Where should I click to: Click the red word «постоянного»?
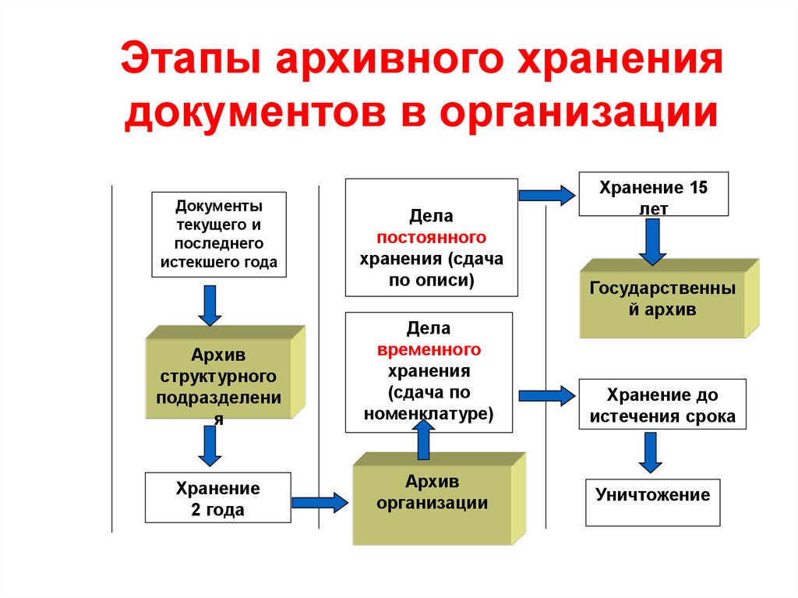coord(431,237)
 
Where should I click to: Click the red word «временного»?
coord(429,350)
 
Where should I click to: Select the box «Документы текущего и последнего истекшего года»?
coord(219,235)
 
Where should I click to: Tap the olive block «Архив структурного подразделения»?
coord(225,373)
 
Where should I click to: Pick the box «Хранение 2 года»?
coord(218,497)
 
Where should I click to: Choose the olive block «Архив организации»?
coord(439,499)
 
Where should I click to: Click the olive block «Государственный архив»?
coord(669,299)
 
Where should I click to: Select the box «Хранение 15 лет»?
coord(654,194)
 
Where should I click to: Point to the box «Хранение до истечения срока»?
coord(662,404)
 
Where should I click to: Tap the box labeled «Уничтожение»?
coord(652,502)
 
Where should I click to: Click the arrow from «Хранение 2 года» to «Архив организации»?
coord(320,503)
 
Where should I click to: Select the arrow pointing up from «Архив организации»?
coord(423,440)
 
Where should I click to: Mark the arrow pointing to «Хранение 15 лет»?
coord(547,195)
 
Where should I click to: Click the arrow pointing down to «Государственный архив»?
coord(652,242)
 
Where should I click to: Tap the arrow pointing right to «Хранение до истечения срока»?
coord(547,396)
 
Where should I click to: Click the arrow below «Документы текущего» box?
coord(210,305)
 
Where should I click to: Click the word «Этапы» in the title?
coord(191,58)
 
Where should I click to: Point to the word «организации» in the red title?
coord(579,112)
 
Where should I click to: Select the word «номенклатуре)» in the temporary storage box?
coord(429,413)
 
